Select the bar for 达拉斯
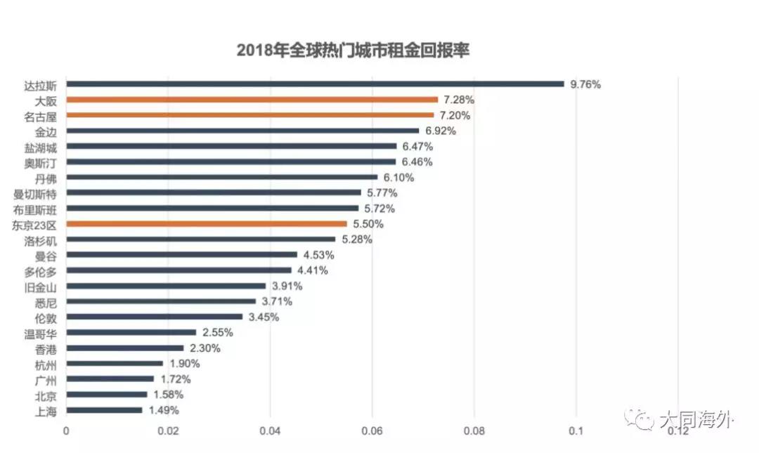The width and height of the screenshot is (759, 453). point(316,84)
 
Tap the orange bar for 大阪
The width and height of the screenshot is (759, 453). point(252,100)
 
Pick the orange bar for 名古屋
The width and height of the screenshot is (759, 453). point(250,115)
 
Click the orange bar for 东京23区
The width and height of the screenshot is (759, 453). point(207,224)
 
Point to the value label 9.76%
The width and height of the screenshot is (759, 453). point(585,84)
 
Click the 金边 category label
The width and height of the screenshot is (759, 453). point(46,131)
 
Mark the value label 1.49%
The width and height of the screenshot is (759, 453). point(163,410)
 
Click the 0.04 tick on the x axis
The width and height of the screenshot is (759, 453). point(271,431)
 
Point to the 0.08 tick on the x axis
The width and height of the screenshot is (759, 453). point(474,431)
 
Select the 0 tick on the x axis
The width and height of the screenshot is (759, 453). point(67,431)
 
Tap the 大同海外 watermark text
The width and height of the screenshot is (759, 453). point(696,420)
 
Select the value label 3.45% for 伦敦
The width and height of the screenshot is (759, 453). point(264,317)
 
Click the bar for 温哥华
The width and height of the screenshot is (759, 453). point(131,333)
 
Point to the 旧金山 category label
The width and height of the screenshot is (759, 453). point(41,287)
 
